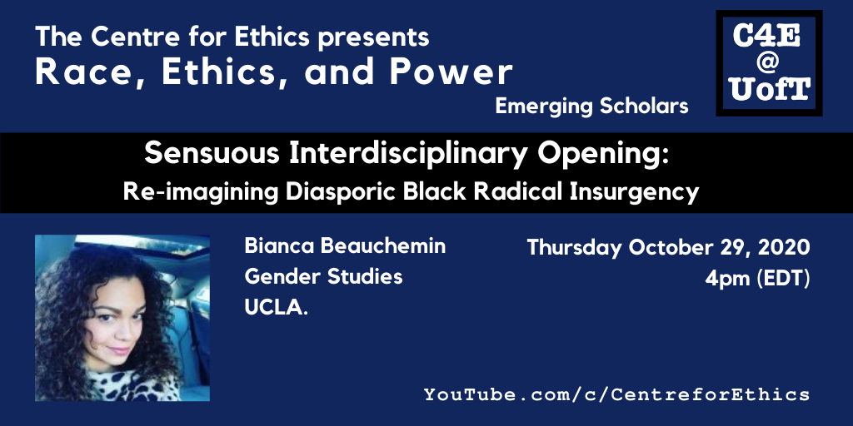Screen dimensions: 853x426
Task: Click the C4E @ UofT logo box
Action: coord(769,63)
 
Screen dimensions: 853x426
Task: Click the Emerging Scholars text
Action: coord(592,106)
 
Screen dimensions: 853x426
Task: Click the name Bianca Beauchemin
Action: coord(345,246)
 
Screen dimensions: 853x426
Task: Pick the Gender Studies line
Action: coord(323,278)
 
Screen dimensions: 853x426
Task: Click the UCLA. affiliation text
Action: coord(276,308)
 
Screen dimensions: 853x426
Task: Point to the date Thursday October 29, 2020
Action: coord(669,248)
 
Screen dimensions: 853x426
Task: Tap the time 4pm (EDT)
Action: coord(757,279)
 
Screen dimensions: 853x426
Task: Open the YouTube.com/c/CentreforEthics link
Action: coord(616,394)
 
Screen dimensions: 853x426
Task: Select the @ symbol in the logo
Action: coord(768,62)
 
